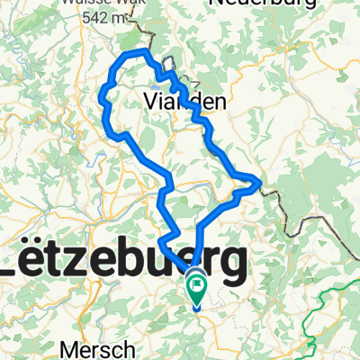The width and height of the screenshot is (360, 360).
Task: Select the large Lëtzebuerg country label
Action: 126,264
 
